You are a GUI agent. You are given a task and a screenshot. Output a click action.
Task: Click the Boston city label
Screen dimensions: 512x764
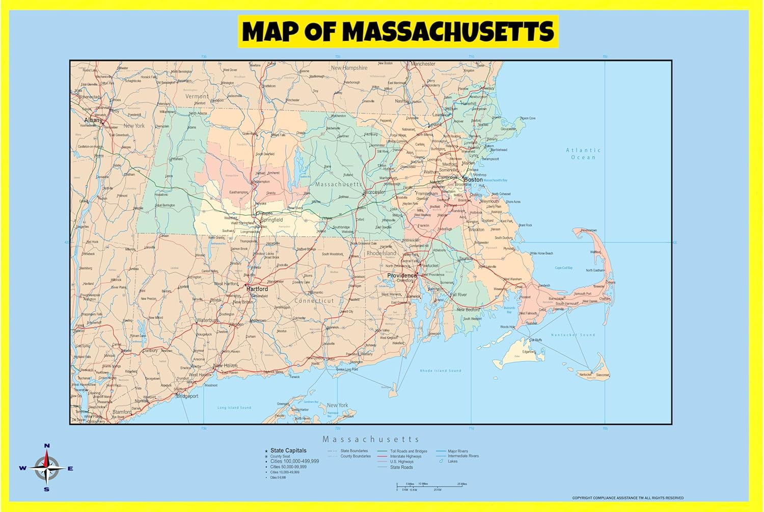coord(473,179)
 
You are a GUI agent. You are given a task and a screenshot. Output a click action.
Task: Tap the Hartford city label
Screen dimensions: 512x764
coord(257,289)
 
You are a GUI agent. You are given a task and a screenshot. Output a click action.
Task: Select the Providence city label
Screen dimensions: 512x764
coord(402,276)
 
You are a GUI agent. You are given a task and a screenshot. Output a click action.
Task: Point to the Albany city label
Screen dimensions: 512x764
coord(93,120)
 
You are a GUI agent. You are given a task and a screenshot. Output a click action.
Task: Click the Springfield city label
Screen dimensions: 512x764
coord(271,220)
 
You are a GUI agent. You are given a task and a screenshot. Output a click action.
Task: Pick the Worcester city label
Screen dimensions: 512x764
coord(375,192)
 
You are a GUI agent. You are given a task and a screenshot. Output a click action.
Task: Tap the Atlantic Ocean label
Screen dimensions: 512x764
coord(583,154)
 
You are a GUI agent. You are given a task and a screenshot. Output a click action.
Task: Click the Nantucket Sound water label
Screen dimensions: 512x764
coord(573,335)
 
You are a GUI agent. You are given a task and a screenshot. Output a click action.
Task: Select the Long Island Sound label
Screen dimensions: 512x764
coord(234,408)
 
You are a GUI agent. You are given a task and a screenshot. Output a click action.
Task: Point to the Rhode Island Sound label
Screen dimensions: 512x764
coord(441,371)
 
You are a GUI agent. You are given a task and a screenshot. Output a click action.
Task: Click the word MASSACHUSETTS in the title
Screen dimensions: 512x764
coord(448,32)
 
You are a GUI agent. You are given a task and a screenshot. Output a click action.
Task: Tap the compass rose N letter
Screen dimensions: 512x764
coord(47,446)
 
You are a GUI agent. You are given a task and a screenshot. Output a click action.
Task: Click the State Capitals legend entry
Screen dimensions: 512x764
coord(288,450)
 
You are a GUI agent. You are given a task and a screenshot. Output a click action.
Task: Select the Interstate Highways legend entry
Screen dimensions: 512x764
coord(405,456)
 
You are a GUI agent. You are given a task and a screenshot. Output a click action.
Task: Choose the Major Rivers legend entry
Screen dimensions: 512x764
coord(457,451)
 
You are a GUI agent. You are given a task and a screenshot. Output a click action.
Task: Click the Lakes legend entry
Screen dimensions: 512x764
coord(452,462)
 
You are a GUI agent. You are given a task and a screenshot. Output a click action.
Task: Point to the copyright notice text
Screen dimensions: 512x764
coord(627,498)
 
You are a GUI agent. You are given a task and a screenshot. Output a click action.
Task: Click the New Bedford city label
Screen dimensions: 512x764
coord(468,310)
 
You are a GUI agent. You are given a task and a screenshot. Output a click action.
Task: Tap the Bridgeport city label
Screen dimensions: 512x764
coord(187,396)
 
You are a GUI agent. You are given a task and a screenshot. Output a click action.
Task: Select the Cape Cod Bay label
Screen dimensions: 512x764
coord(563,268)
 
